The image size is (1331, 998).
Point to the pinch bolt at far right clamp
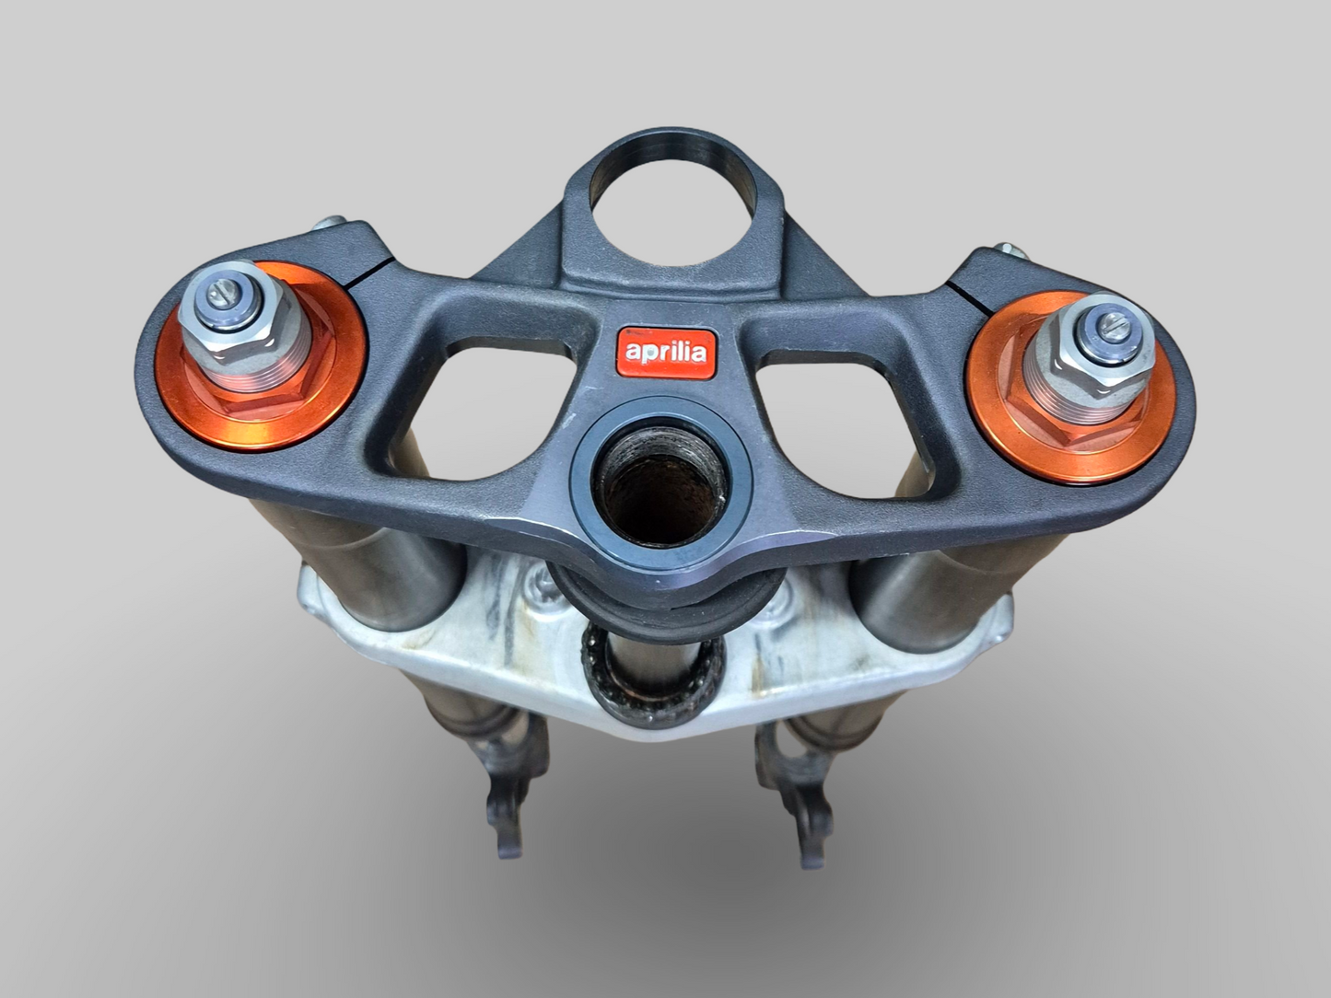(x=1011, y=249)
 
